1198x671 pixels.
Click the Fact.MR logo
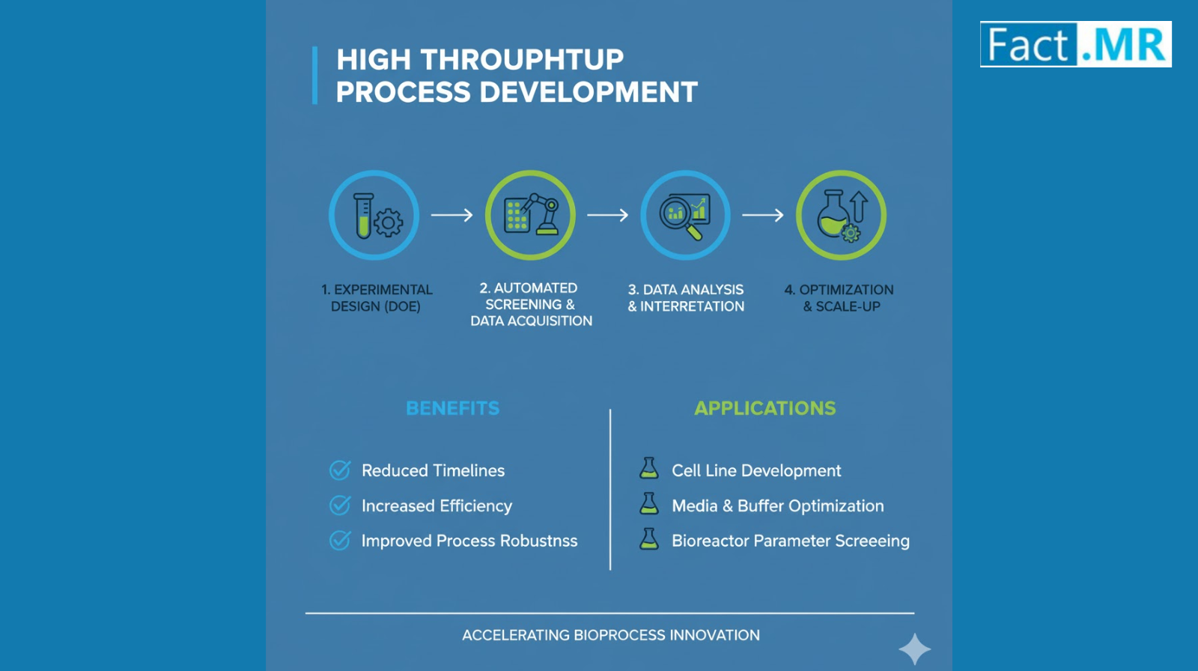pos(1075,44)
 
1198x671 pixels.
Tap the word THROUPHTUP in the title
pos(522,59)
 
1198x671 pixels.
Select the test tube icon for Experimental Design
pos(364,215)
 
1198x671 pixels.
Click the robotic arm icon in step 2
pos(542,213)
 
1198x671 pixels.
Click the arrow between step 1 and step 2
pos(452,215)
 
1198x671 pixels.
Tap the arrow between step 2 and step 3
pos(607,215)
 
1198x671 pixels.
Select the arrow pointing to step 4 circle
pos(763,215)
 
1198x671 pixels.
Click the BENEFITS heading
pos(452,408)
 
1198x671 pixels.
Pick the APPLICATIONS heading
pos(764,408)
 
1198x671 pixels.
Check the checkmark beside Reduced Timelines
pos(340,470)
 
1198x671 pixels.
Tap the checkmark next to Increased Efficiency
pos(340,505)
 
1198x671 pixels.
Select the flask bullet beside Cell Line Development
pos(648,468)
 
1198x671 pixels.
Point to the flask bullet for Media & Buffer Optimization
pos(648,503)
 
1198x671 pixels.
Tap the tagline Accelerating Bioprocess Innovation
pos(611,635)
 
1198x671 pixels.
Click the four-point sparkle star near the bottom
pos(914,649)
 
